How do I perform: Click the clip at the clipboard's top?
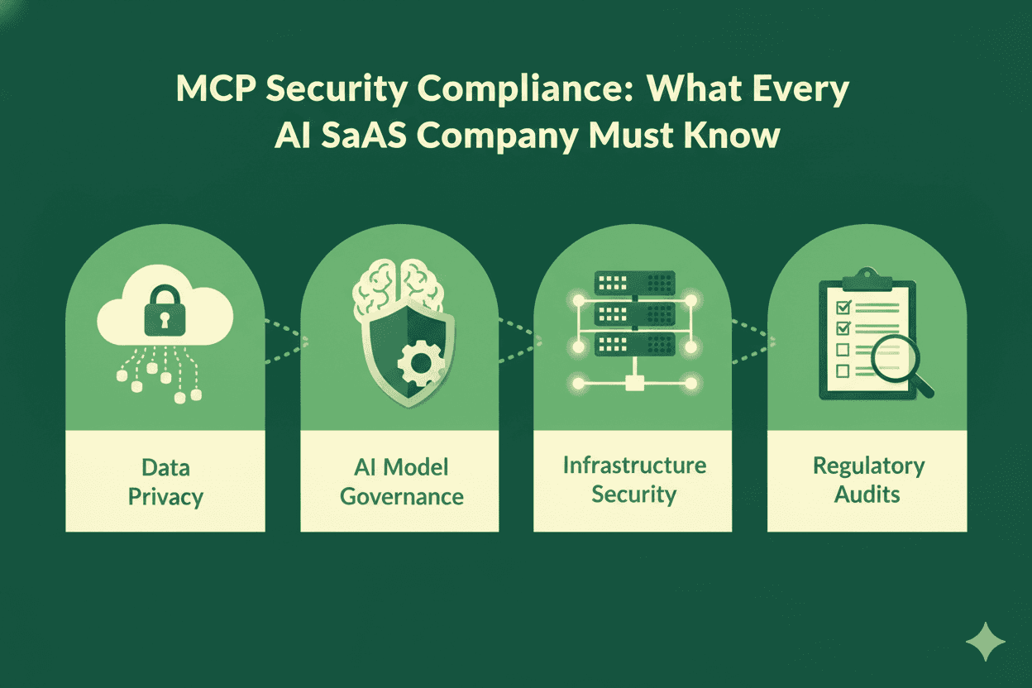click(866, 277)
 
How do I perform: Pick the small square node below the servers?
click(633, 383)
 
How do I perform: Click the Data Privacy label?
click(165, 482)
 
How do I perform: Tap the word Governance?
click(402, 496)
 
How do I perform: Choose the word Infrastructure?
click(634, 465)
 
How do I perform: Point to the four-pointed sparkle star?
click(985, 642)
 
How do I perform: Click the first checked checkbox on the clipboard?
click(843, 308)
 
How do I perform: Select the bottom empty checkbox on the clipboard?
click(843, 370)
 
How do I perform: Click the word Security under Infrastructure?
click(634, 494)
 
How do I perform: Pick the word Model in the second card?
click(418, 467)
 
